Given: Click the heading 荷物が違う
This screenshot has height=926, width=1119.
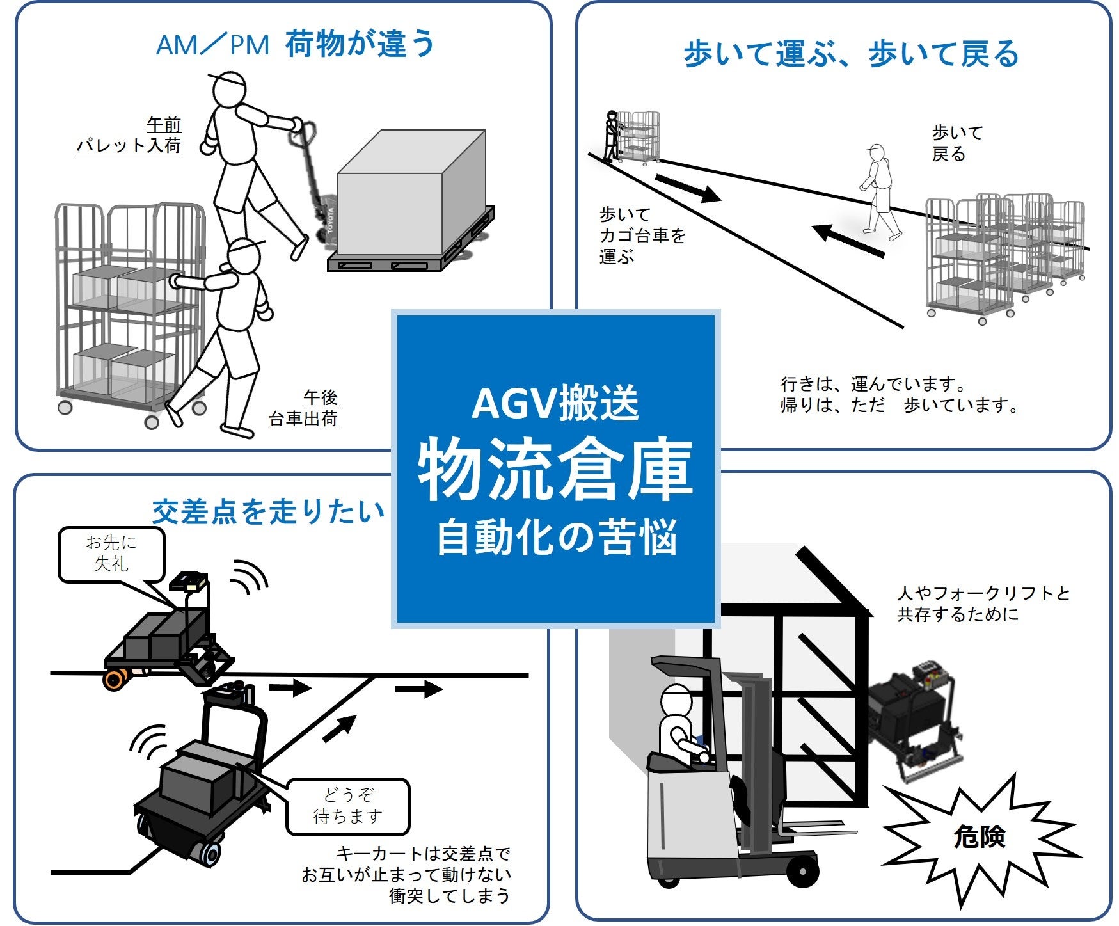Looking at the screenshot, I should point(359,44).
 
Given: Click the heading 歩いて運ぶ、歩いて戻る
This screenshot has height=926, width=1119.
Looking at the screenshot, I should point(850,54).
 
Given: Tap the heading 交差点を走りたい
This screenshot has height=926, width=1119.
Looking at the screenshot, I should point(268,511).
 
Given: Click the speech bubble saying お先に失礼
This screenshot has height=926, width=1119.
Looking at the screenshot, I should point(111,554).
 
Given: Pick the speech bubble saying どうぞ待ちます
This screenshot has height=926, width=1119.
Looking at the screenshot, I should point(347,806).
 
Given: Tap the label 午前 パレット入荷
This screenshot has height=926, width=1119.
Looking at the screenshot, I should point(131,134).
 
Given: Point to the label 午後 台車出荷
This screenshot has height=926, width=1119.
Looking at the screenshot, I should point(304,408).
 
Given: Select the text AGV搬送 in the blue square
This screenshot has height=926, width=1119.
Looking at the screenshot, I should point(555,404).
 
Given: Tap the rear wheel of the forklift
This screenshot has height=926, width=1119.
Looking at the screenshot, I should point(804,871).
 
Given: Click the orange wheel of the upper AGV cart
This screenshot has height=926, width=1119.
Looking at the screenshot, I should point(115,680).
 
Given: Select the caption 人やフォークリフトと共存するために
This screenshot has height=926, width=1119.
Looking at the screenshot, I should point(983,603).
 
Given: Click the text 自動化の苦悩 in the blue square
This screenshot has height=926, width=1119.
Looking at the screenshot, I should point(555,538).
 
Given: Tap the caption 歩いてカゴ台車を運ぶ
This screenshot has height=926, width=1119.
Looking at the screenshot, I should point(642,235).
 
